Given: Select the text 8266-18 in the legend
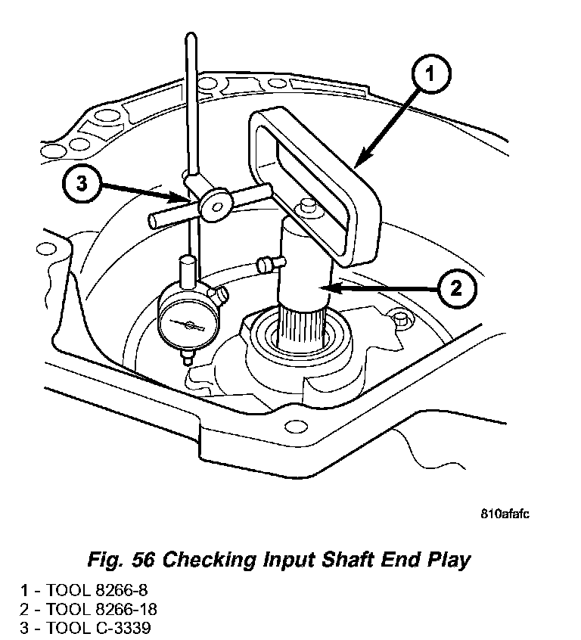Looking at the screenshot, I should click(123, 608).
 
